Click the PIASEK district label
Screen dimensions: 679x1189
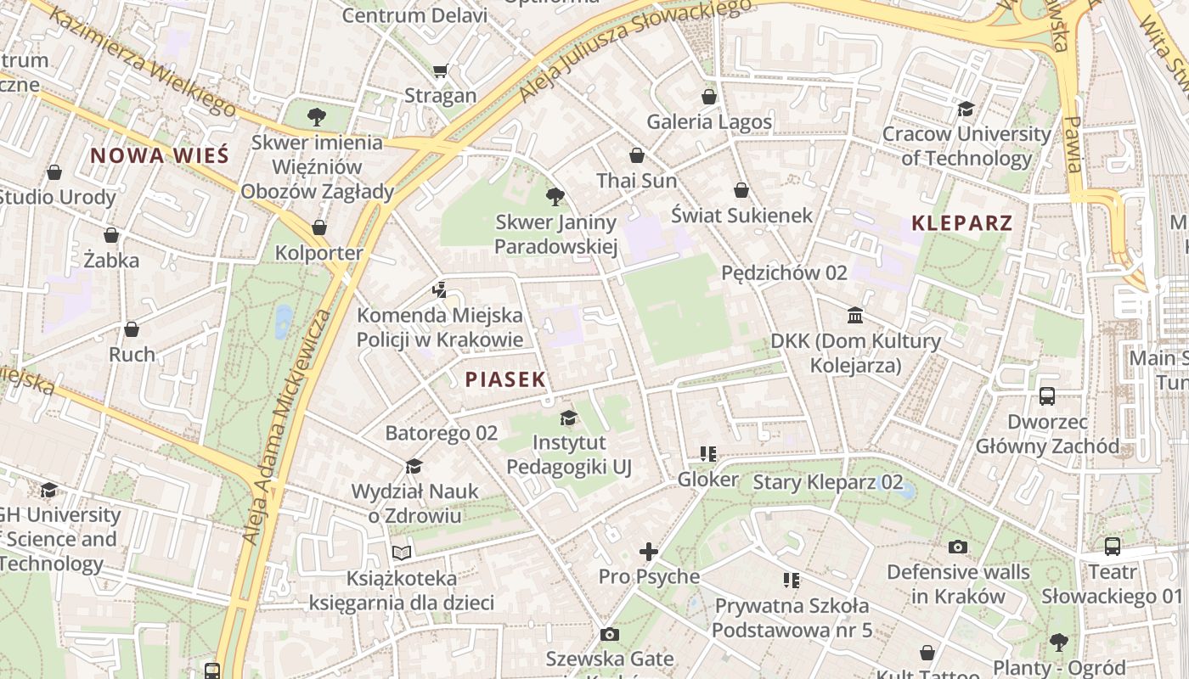pos(505,379)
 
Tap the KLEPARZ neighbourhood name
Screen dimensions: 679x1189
pos(961,223)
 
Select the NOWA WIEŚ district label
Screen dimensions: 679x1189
pos(160,155)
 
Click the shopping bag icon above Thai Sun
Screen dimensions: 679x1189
pos(636,155)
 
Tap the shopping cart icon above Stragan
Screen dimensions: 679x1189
pos(440,70)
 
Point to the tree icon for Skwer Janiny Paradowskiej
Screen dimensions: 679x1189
pos(555,197)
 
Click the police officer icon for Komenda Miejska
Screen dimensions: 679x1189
pos(439,290)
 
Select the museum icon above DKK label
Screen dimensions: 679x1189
pos(855,316)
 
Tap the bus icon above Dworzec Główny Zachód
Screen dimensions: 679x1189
pos(1047,396)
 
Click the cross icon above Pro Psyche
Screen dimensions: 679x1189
pos(649,552)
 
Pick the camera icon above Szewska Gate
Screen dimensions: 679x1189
pos(609,634)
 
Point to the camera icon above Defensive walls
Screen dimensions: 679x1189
pos(958,547)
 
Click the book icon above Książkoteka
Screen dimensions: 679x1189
pos(402,553)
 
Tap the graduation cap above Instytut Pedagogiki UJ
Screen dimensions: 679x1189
pos(568,418)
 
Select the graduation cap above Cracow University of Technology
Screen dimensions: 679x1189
pos(966,109)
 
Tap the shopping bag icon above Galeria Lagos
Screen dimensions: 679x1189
pos(709,97)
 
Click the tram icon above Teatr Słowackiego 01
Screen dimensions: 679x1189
pos(1112,547)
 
